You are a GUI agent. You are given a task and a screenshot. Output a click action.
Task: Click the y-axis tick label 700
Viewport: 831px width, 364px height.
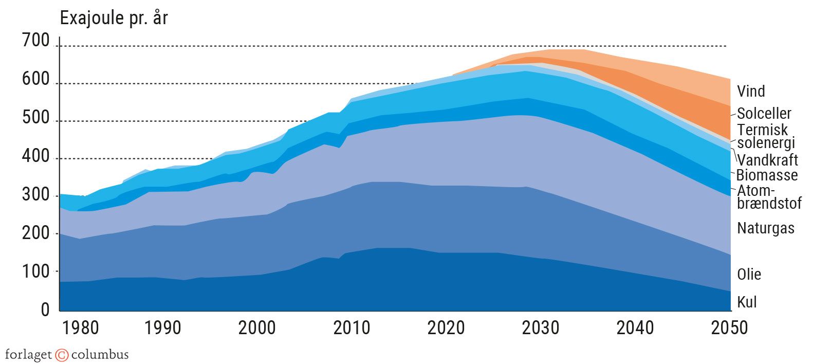35,41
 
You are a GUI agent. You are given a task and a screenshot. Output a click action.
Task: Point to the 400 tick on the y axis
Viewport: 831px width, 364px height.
35,156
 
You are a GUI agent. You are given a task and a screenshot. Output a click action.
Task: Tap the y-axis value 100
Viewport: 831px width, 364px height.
35,271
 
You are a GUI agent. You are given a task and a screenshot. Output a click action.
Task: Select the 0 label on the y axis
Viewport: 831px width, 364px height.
45,310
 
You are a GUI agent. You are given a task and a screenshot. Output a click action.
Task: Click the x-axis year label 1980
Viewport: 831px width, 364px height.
80,328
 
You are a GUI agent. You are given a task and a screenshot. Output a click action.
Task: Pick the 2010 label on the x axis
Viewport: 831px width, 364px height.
352,328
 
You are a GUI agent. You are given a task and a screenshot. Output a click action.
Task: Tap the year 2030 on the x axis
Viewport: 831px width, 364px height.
540,328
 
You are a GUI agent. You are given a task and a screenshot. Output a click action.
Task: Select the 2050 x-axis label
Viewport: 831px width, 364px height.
729,328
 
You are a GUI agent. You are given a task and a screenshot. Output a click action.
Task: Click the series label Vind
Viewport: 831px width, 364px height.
751,92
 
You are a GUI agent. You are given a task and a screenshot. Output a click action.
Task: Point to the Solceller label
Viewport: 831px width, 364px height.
764,114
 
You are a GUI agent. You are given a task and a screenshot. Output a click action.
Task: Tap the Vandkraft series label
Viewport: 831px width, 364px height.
767,159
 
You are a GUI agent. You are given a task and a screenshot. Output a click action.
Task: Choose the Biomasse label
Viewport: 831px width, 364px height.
767,175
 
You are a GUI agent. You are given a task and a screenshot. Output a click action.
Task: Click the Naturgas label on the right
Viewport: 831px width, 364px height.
766,228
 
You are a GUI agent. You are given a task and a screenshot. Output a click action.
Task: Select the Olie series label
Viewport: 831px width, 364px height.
749,275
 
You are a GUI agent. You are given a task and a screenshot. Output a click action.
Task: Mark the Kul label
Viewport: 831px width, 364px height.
747,302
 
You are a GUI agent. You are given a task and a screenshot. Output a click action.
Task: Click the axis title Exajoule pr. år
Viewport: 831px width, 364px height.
114,19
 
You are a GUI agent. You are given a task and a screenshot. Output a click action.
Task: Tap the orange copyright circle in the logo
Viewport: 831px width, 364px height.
62,355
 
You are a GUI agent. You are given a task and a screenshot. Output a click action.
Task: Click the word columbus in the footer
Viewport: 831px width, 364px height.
100,355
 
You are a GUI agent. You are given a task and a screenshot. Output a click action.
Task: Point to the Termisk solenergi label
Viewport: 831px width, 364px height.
765,136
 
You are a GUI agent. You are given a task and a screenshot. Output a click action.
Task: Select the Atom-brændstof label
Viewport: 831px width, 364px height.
768,197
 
